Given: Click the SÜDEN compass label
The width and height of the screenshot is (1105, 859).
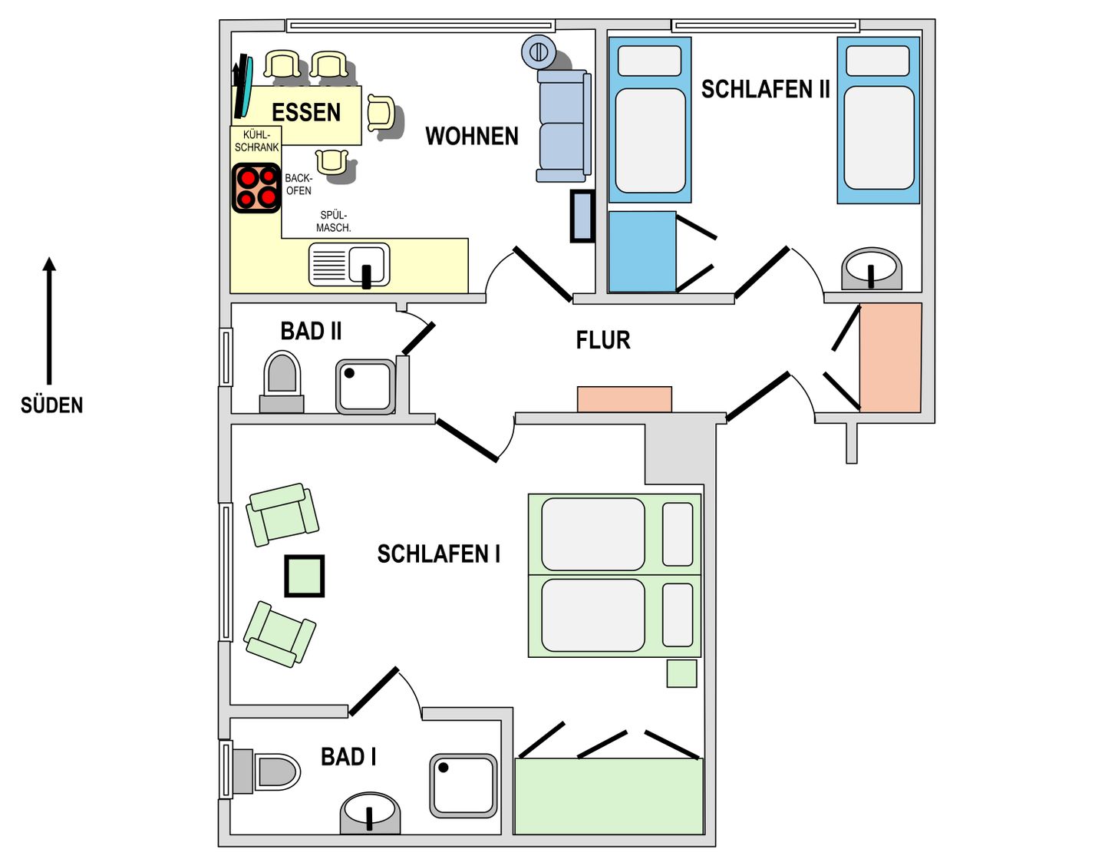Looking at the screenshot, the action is pyautogui.click(x=51, y=405).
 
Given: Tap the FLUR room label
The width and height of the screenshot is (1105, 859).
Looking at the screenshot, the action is pyautogui.click(x=603, y=340).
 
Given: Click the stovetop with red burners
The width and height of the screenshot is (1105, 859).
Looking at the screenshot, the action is pyautogui.click(x=256, y=187).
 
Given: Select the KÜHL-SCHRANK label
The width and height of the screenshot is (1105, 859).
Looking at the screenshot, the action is pyautogui.click(x=257, y=141).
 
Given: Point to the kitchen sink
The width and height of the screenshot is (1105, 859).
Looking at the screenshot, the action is pyautogui.click(x=349, y=265).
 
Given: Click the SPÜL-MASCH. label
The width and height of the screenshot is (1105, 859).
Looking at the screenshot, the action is pyautogui.click(x=334, y=221).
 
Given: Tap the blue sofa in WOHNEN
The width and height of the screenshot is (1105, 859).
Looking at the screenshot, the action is pyautogui.click(x=563, y=126).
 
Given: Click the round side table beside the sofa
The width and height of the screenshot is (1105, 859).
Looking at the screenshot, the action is pyautogui.click(x=539, y=52).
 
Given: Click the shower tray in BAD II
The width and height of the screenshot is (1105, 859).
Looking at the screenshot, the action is pyautogui.click(x=365, y=387).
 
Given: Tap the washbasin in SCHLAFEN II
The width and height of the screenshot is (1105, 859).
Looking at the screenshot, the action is pyautogui.click(x=872, y=269).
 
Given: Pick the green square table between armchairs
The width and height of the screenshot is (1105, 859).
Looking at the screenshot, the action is pyautogui.click(x=304, y=576).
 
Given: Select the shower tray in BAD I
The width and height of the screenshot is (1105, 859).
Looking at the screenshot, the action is pyautogui.click(x=463, y=785).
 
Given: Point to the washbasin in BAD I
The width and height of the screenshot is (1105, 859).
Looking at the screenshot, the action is pyautogui.click(x=370, y=813).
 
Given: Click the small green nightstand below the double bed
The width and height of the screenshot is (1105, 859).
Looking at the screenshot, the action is pyautogui.click(x=681, y=673).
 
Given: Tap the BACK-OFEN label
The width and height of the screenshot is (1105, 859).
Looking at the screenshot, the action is pyautogui.click(x=299, y=184).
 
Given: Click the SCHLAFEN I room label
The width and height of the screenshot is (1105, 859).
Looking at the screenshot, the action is pyautogui.click(x=438, y=553).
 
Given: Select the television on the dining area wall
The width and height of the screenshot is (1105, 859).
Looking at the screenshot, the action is pyautogui.click(x=242, y=87).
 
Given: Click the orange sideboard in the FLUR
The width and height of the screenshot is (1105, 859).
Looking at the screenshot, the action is pyautogui.click(x=625, y=399).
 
